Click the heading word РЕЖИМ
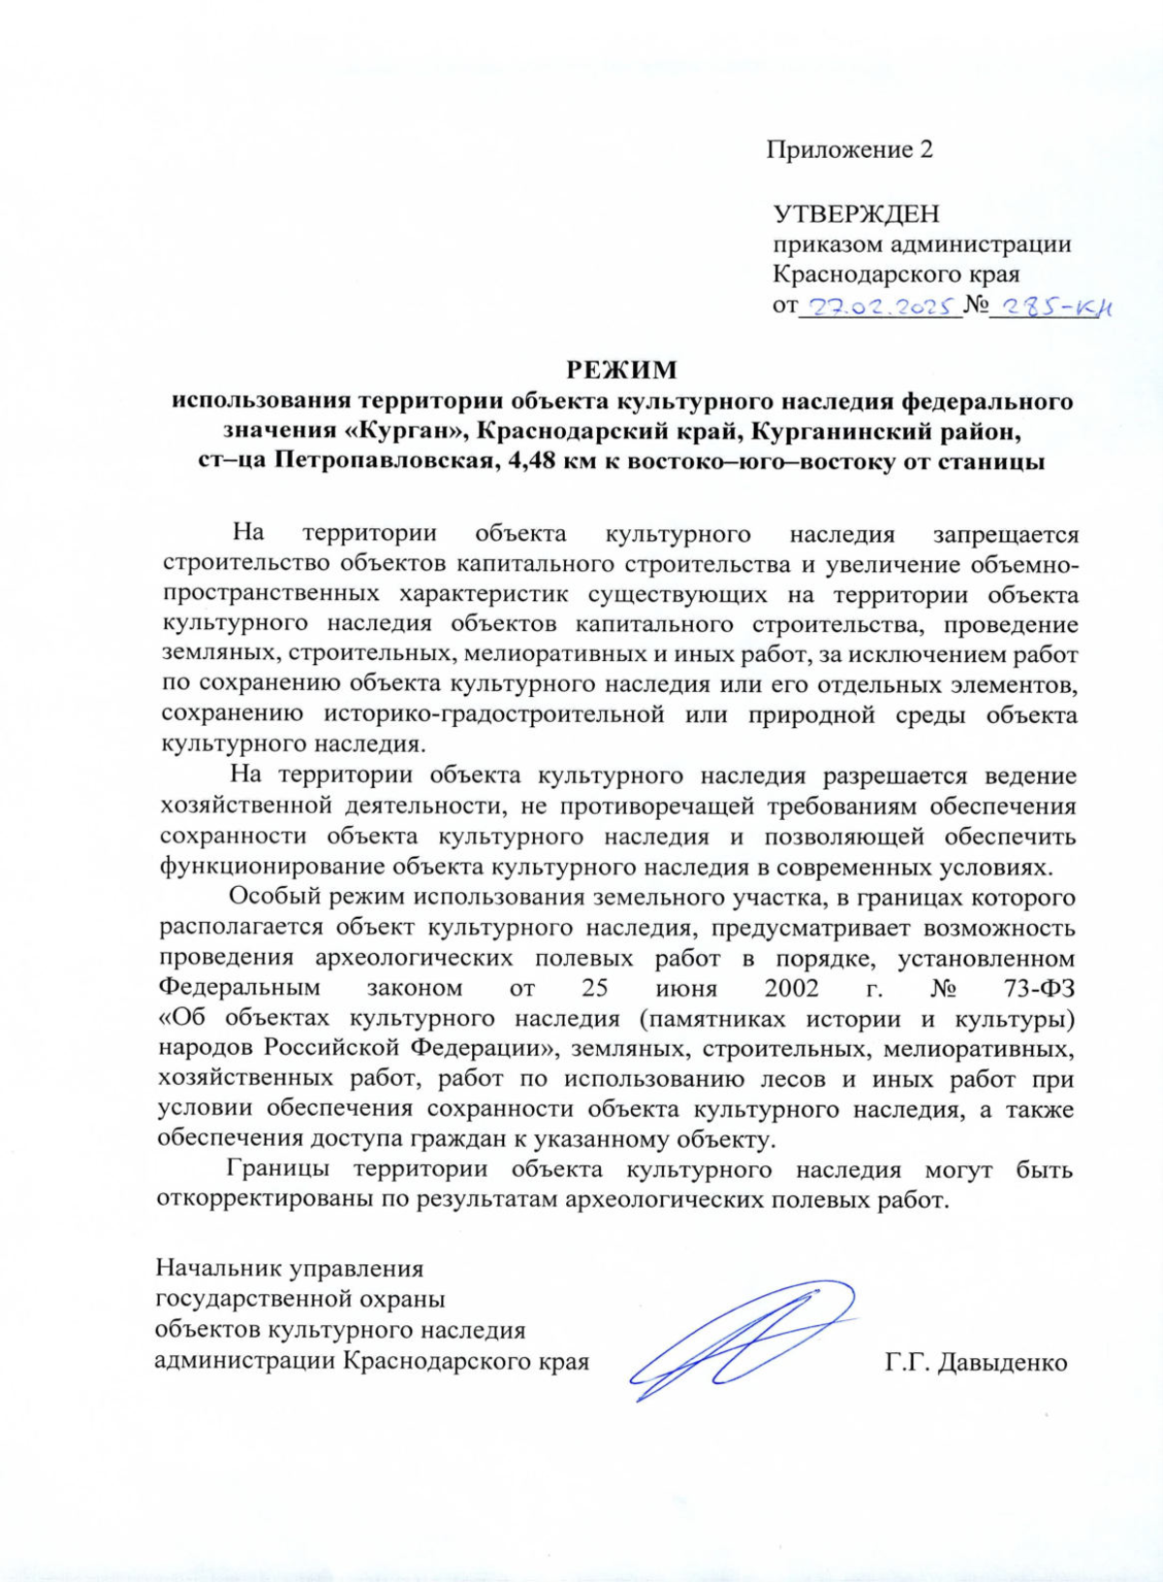point(621,369)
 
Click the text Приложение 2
point(849,150)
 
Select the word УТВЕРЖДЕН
point(856,213)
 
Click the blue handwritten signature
point(741,1340)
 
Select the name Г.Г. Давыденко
point(975,1362)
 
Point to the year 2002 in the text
point(791,989)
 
